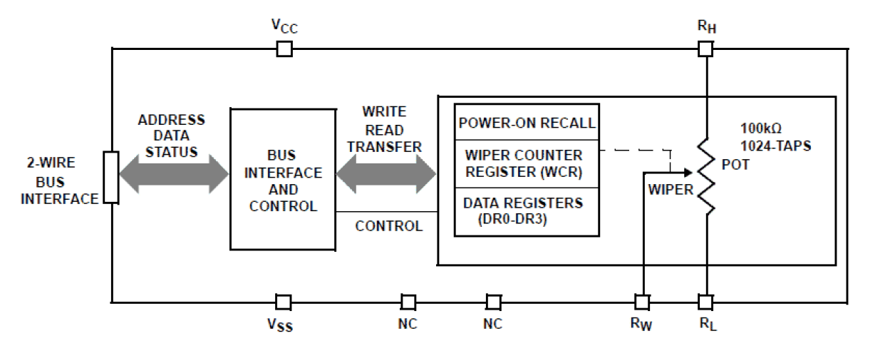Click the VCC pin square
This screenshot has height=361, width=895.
pyautogui.click(x=284, y=49)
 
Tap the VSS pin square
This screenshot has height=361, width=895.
pyautogui.click(x=284, y=302)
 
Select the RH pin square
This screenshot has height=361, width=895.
pyautogui.click(x=705, y=49)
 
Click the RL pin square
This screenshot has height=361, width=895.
pyautogui.click(x=705, y=302)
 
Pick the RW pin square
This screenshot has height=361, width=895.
pyautogui.click(x=642, y=302)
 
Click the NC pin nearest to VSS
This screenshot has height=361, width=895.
pyautogui.click(x=408, y=302)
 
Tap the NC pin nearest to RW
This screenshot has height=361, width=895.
pyautogui.click(x=493, y=302)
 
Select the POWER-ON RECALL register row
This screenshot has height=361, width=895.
pyautogui.click(x=527, y=122)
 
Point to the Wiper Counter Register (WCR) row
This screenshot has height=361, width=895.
pyautogui.click(x=527, y=163)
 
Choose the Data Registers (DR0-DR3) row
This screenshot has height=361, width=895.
pyautogui.click(x=527, y=210)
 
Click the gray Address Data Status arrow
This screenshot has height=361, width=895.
pyautogui.click(x=174, y=173)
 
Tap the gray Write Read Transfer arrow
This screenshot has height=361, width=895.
pyautogui.click(x=386, y=173)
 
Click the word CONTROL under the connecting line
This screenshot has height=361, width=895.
pyautogui.click(x=388, y=226)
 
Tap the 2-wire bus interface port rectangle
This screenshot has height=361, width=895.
pyautogui.click(x=111, y=177)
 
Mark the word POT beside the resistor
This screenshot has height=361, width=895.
pyautogui.click(x=735, y=164)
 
